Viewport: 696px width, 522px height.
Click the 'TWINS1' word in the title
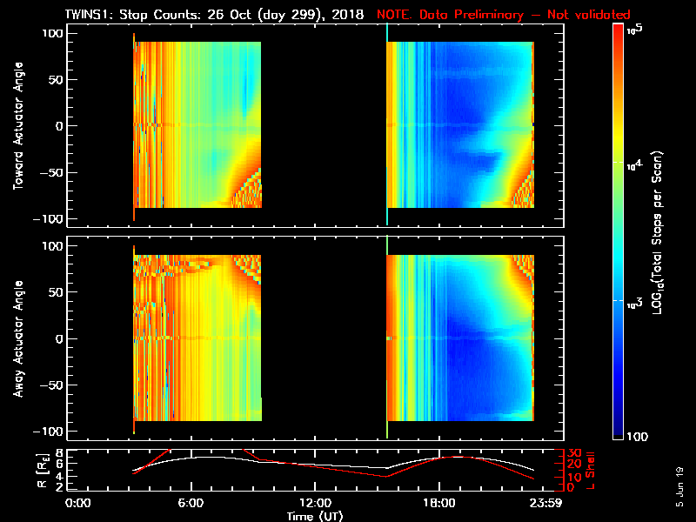[x=88, y=15]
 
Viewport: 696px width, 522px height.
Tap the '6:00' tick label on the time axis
[x=191, y=502]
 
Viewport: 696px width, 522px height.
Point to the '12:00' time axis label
[x=314, y=502]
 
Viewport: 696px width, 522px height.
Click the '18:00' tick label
[x=438, y=502]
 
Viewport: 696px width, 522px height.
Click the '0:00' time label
[x=78, y=502]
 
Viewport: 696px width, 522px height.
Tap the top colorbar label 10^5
[x=634, y=30]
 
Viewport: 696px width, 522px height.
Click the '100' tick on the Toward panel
[x=55, y=33]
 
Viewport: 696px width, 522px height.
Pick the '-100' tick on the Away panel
[x=52, y=431]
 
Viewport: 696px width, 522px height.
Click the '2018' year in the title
[x=347, y=15]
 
